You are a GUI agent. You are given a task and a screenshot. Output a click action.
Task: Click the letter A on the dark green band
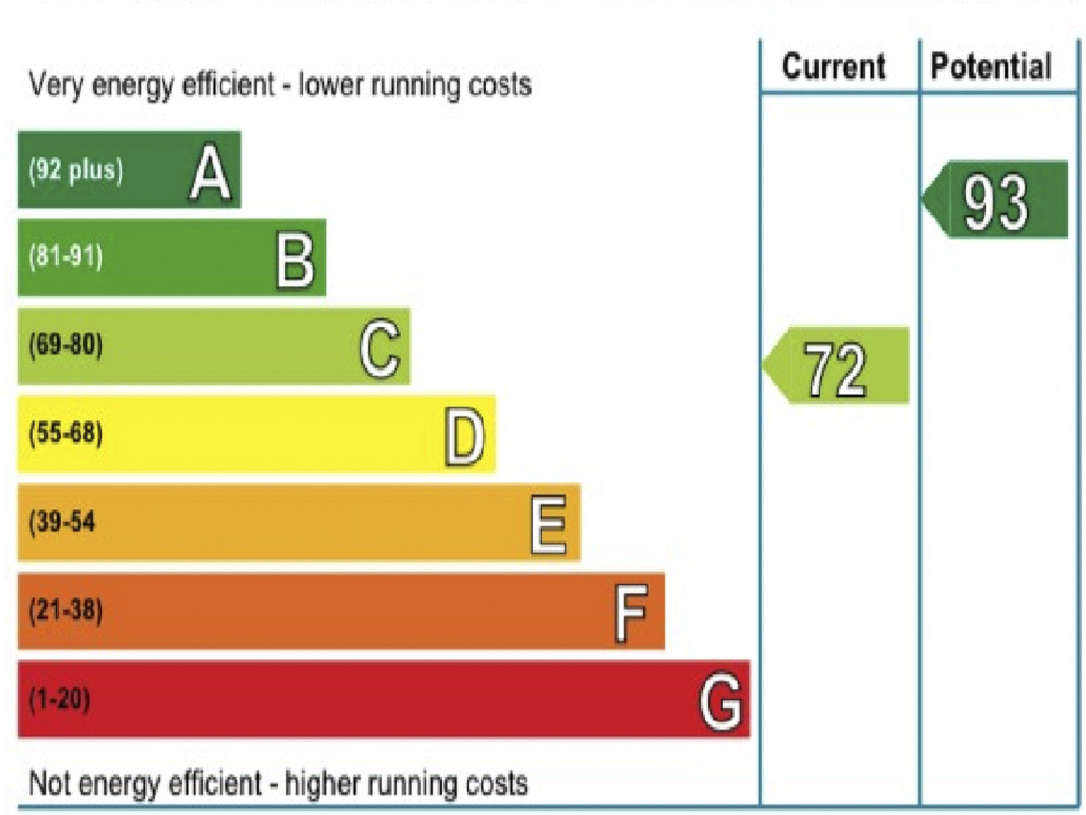click(x=211, y=172)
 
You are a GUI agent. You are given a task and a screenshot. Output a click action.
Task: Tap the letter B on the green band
click(x=295, y=261)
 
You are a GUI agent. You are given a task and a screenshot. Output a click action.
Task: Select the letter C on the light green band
click(x=380, y=348)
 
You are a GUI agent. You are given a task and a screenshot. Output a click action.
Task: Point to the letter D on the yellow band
click(x=465, y=436)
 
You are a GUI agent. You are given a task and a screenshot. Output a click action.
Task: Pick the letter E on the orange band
click(x=549, y=524)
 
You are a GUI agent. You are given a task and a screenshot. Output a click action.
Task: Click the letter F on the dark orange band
click(x=631, y=612)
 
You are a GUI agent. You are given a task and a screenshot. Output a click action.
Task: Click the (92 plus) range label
click(x=76, y=170)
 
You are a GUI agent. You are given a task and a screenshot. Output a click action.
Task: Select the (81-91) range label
click(x=66, y=257)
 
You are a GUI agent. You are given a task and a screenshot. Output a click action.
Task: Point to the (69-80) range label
click(x=66, y=345)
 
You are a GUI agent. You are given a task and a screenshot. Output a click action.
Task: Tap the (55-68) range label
click(x=66, y=433)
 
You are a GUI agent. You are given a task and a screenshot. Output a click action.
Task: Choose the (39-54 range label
click(x=62, y=521)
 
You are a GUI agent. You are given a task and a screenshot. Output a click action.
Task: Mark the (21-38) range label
click(x=66, y=609)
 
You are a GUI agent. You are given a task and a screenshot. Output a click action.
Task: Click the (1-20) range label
click(x=59, y=698)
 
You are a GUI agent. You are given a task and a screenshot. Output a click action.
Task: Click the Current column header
click(x=834, y=67)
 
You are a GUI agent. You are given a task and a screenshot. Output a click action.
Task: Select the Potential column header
click(x=991, y=67)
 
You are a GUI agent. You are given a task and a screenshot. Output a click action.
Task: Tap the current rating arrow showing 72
click(x=836, y=366)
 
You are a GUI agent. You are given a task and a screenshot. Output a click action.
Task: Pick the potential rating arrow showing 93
click(x=995, y=200)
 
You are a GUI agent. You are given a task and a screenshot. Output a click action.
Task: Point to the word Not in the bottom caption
click(x=49, y=783)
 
